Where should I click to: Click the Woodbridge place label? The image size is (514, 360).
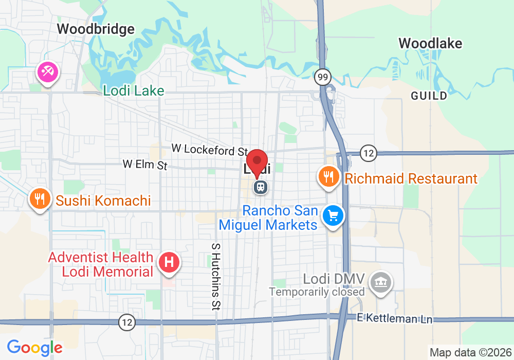(x=96, y=29)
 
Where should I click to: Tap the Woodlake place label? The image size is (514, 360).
(x=430, y=43)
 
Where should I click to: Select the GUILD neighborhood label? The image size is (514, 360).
(x=429, y=96)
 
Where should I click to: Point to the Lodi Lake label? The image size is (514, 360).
(x=134, y=91)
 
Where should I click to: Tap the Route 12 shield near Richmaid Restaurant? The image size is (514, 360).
(x=368, y=153)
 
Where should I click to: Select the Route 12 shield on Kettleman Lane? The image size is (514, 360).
(x=127, y=322)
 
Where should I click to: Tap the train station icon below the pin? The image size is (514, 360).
(x=261, y=187)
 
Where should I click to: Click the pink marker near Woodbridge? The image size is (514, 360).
(x=48, y=73)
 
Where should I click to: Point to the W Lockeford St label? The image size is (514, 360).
(x=210, y=149)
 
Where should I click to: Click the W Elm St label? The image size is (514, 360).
(x=145, y=165)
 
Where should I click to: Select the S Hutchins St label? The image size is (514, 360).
(x=216, y=276)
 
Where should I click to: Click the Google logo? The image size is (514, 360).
(x=34, y=348)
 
